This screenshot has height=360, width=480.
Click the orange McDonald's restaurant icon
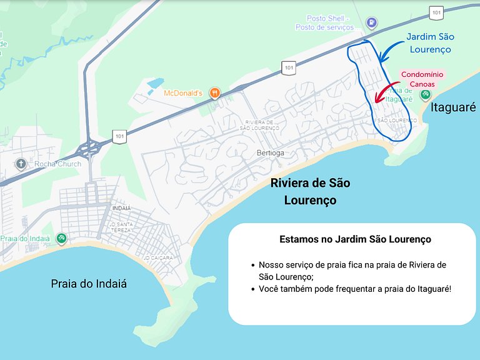tap(215, 93)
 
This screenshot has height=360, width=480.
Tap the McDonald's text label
tap(183, 93)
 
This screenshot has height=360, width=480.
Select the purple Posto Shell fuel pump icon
tap(372, 22)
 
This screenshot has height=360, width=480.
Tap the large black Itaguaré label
tap(453, 107)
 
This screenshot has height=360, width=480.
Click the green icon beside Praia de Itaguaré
tap(425, 94)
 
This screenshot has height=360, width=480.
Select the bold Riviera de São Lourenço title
tap(310, 191)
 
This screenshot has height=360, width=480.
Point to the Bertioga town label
tap(271, 152)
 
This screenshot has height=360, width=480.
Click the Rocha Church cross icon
tap(21, 164)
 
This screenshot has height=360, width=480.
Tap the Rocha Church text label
tap(57, 164)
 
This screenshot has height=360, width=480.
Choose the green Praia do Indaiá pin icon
tap(61, 238)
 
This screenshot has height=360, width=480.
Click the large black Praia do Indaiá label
tap(89, 283)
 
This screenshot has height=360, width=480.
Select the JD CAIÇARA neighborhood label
tap(159, 257)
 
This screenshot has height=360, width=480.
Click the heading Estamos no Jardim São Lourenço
tap(355, 239)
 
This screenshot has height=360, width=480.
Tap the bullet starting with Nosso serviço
tap(352, 270)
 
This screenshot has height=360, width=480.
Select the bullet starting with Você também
tap(354, 289)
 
